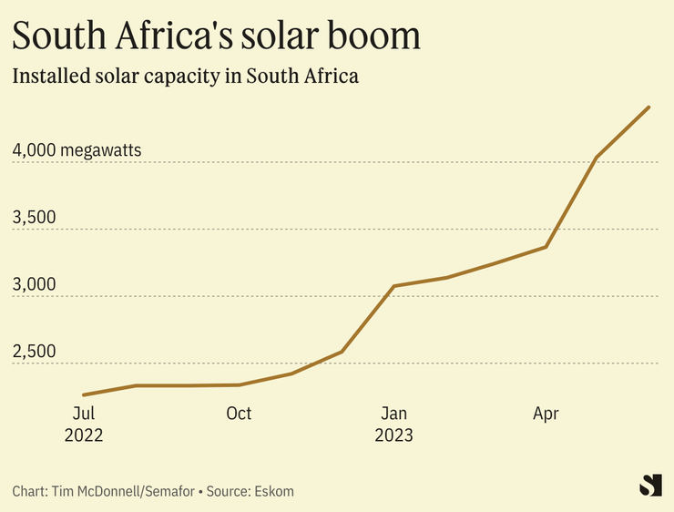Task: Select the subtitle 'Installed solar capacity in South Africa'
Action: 185,77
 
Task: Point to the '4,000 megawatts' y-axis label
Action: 77,150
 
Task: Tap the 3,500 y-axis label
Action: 34,218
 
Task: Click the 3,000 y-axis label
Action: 34,284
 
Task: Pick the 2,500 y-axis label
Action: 34,352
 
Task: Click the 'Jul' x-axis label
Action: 84,414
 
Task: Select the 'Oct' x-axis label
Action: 239,414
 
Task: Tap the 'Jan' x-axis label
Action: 393,414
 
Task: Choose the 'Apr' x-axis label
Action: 546,414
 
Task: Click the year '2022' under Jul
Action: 84,435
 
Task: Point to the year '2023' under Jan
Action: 393,435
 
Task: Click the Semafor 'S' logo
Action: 650,486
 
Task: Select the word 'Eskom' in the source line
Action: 274,491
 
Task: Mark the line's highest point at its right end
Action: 648,108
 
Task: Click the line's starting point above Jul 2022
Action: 84,394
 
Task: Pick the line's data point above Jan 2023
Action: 393,286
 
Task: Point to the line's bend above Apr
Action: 546,247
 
